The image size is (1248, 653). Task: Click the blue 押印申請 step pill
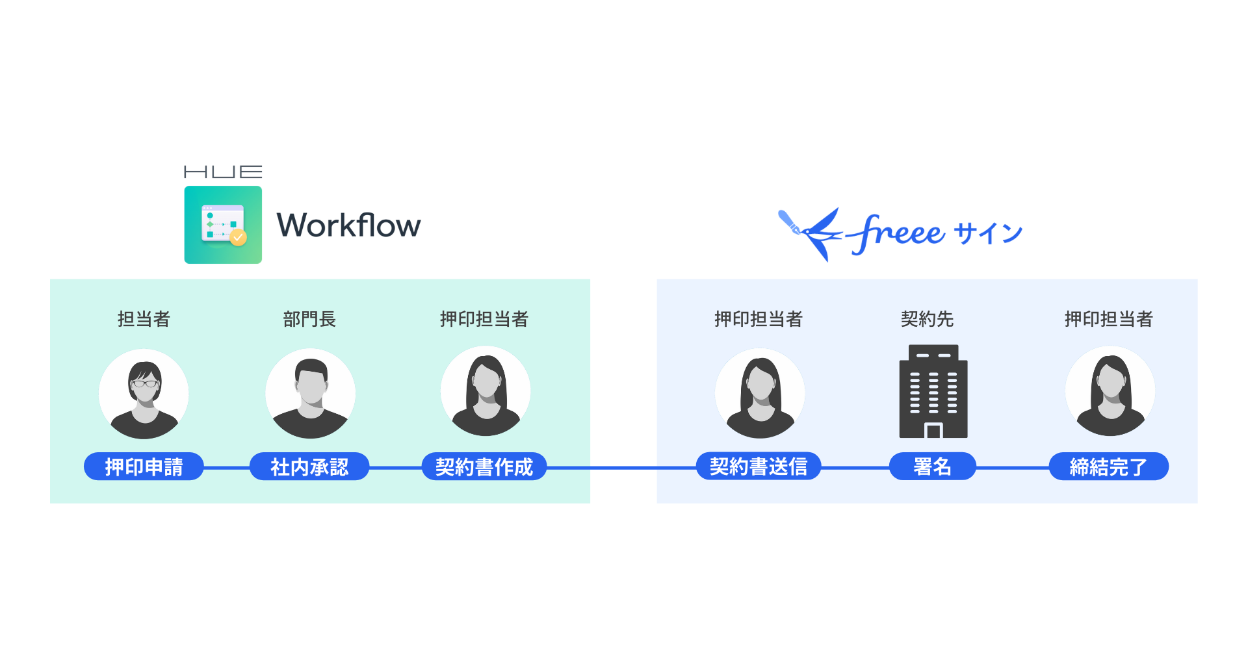(x=144, y=467)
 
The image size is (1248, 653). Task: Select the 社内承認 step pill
(x=309, y=467)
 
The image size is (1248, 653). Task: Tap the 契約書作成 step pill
(x=484, y=467)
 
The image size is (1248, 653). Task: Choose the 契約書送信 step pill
(x=759, y=467)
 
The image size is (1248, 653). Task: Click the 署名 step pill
(x=932, y=467)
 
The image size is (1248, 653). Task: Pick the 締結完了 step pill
(x=1109, y=467)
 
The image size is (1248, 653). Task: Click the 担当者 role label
(x=144, y=319)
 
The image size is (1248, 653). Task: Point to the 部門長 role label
(x=309, y=319)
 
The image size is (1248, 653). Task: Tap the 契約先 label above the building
(x=927, y=319)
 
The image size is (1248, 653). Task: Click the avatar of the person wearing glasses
(x=144, y=394)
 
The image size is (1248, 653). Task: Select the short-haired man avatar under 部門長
(x=311, y=394)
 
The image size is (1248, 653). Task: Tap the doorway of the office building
(x=933, y=431)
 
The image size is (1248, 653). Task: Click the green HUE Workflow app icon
(x=223, y=225)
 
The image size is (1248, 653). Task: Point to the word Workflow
(x=348, y=225)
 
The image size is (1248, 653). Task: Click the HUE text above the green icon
(x=223, y=172)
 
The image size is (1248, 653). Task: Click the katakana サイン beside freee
(x=988, y=233)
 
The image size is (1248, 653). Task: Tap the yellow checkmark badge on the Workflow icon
(x=239, y=238)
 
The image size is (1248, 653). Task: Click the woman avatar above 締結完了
(x=1110, y=392)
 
